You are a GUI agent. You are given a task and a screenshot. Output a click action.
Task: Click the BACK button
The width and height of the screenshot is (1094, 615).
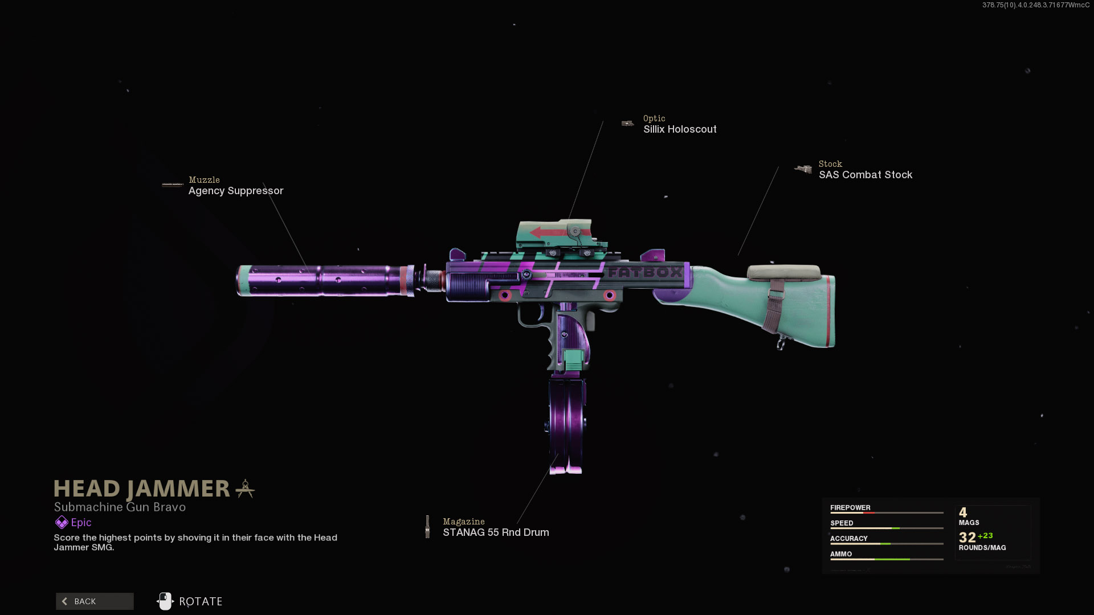point(95,601)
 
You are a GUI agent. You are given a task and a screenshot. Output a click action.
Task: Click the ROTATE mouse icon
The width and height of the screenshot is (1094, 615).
point(165,601)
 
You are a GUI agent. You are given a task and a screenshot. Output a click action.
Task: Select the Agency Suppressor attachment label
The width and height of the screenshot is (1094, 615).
point(235,191)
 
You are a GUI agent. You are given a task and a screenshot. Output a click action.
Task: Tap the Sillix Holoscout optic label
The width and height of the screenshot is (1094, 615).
point(680,129)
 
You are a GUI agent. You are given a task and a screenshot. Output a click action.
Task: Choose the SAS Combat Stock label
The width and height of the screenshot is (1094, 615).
point(865,175)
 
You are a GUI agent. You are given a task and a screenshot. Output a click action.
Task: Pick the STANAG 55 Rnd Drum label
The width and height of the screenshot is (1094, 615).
point(496,532)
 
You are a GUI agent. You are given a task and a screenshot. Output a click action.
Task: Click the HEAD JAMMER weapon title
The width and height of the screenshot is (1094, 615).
point(141,489)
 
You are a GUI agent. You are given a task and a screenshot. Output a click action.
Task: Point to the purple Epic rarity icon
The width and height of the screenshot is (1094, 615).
point(62,522)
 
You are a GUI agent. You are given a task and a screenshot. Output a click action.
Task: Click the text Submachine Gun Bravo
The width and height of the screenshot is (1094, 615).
point(120,507)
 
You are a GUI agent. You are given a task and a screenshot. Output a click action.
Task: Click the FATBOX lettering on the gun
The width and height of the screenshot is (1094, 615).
point(644,272)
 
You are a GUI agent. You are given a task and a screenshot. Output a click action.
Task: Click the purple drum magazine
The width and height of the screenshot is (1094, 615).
point(566,424)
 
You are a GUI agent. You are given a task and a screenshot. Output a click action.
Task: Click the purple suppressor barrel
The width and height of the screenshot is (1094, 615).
point(325,280)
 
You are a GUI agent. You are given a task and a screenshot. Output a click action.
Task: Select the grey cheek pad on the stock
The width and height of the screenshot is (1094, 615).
point(784,272)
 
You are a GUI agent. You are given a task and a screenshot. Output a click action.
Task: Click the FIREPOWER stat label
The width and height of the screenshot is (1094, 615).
point(850,507)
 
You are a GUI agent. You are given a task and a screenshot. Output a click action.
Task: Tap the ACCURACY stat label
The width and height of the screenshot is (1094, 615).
point(848,538)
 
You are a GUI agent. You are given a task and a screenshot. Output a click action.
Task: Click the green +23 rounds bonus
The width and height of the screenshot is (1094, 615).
point(985,535)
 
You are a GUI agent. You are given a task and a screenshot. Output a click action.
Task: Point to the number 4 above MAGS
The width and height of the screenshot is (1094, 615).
point(963,512)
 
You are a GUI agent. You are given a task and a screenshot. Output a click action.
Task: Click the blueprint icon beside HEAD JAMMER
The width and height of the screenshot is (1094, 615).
point(245,489)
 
